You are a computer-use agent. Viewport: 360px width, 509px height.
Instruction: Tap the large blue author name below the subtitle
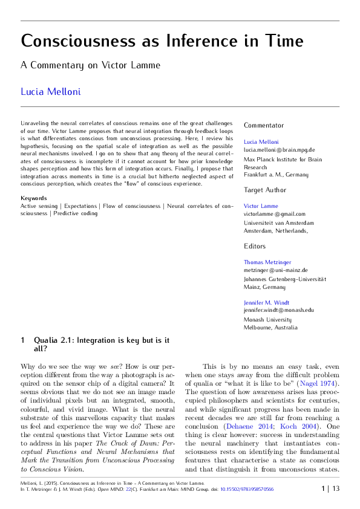[x=51, y=92]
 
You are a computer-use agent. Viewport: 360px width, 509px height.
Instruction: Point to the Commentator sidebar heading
[x=264, y=125]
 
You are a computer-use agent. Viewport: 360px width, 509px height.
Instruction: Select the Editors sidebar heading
[x=255, y=246]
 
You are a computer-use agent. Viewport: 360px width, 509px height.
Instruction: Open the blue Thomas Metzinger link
[x=267, y=262]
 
